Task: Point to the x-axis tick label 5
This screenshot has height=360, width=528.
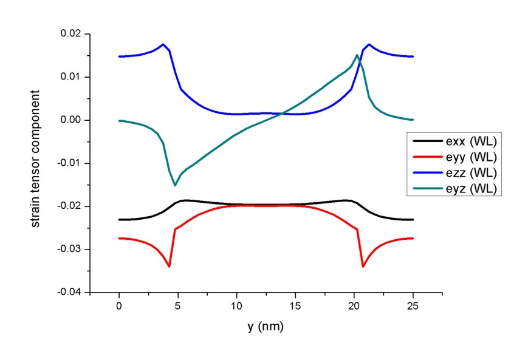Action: (x=178, y=305)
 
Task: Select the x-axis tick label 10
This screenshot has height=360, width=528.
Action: (x=237, y=305)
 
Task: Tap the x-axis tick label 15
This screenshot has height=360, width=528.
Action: (x=296, y=305)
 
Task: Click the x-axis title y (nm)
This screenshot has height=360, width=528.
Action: (x=266, y=327)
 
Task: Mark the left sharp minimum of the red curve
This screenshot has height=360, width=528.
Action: (x=169, y=267)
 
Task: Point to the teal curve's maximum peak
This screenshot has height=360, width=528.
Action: (x=357, y=55)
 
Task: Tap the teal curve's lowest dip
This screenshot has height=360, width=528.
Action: (x=175, y=185)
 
